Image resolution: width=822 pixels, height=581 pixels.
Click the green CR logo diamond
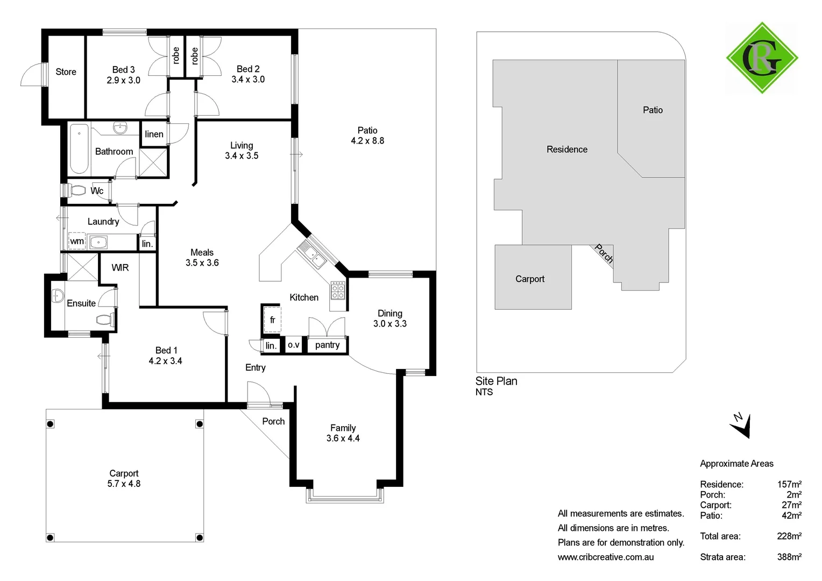tap(762, 58)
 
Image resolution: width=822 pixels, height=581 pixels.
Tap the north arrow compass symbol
tap(741, 425)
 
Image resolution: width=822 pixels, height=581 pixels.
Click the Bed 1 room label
tap(166, 350)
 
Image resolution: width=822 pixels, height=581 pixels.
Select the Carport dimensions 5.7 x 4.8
tap(124, 484)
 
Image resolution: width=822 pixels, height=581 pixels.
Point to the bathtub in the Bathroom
tap(79, 148)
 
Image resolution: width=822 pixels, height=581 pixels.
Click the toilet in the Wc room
tap(77, 190)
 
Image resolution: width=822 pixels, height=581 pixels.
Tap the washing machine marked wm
tap(77, 241)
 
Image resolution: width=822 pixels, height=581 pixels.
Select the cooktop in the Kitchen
tap(338, 291)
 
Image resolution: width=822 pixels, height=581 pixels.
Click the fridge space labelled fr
tap(272, 320)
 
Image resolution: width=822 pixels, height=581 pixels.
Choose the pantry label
tap(327, 345)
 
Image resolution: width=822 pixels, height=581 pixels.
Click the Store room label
tap(66, 72)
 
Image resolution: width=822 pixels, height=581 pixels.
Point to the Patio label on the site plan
tap(653, 110)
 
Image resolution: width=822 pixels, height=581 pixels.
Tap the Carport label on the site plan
tap(530, 279)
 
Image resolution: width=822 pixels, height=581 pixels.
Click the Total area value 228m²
tap(789, 536)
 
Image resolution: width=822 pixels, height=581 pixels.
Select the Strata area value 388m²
tap(789, 557)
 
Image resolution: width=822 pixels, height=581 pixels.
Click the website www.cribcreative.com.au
tap(606, 557)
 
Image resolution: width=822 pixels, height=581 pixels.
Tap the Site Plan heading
tap(496, 381)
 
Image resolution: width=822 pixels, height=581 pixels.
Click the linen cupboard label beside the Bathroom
tap(154, 134)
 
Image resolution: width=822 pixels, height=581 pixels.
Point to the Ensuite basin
tap(58, 296)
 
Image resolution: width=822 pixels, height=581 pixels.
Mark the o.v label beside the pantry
tap(293, 345)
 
